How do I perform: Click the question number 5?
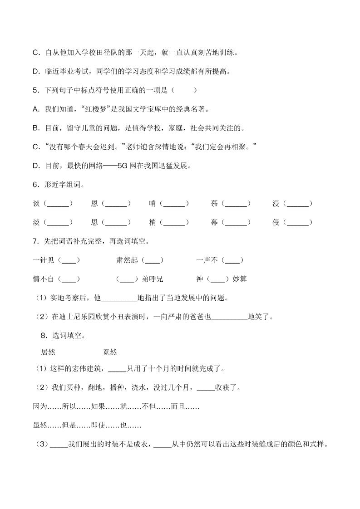(x=35, y=90)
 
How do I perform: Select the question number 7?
(x=35, y=241)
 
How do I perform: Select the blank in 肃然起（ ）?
(x=152, y=260)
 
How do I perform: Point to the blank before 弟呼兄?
(x=127, y=279)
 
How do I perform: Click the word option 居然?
(x=48, y=352)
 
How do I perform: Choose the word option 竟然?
(x=110, y=352)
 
